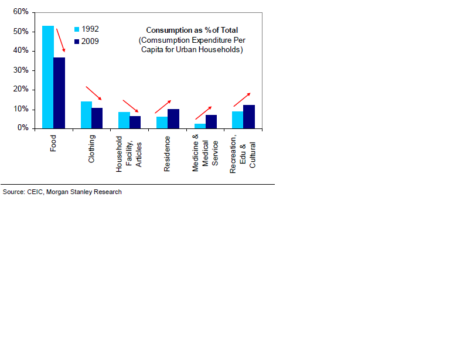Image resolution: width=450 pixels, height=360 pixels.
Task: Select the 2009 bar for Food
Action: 59,93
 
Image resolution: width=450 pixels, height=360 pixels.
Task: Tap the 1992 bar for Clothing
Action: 86,115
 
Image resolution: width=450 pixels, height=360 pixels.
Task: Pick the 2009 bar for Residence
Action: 173,118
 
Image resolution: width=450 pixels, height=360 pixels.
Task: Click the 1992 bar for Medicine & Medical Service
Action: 200,125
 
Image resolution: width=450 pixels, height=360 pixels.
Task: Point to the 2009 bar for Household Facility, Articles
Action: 135,122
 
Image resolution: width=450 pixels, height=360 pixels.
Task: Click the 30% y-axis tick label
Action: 21,70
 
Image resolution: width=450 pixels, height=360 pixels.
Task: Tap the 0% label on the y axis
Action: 22,128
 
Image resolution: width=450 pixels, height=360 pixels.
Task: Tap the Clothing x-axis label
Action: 91,150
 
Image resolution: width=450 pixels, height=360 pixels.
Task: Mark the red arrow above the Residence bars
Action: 163,107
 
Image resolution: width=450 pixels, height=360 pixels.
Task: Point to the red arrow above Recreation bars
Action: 241,100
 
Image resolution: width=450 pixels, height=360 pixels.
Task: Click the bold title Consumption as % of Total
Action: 192,30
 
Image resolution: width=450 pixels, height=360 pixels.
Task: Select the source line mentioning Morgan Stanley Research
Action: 62,192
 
